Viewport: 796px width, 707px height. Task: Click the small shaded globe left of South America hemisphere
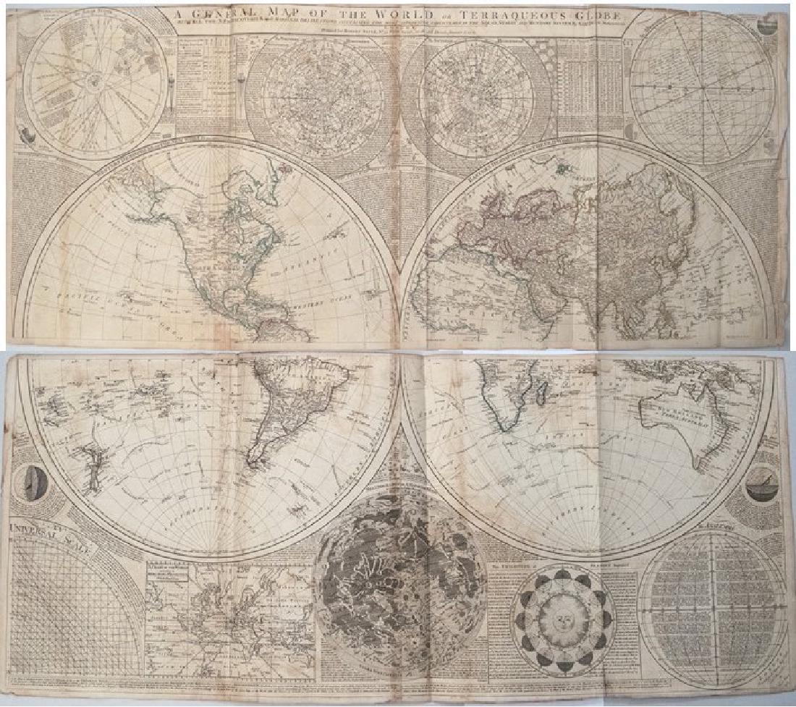click(x=33, y=478)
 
